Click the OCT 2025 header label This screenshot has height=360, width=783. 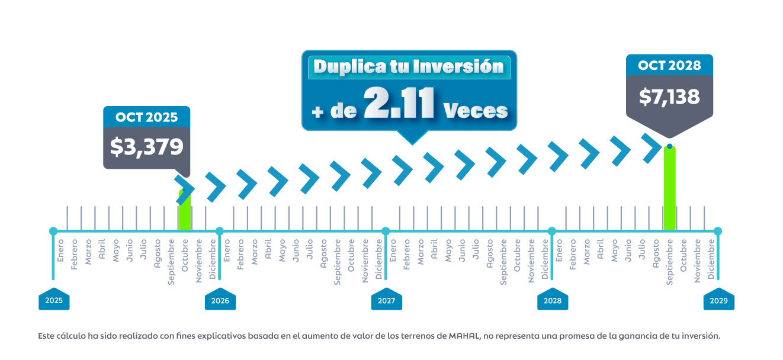(x=146, y=117)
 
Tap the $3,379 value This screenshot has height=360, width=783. (x=146, y=147)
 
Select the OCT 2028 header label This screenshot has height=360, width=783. (x=669, y=65)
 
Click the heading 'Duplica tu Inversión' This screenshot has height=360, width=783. (x=408, y=66)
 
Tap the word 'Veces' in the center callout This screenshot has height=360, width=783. (x=475, y=110)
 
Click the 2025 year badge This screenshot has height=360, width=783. (x=54, y=301)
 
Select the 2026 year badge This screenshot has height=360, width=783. (x=220, y=301)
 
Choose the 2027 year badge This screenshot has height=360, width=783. (x=386, y=301)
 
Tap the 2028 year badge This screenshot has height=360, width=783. (x=552, y=301)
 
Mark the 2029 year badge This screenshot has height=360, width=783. (x=718, y=301)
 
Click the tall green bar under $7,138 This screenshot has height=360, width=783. (x=669, y=189)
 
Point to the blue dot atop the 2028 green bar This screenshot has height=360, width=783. (x=669, y=146)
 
